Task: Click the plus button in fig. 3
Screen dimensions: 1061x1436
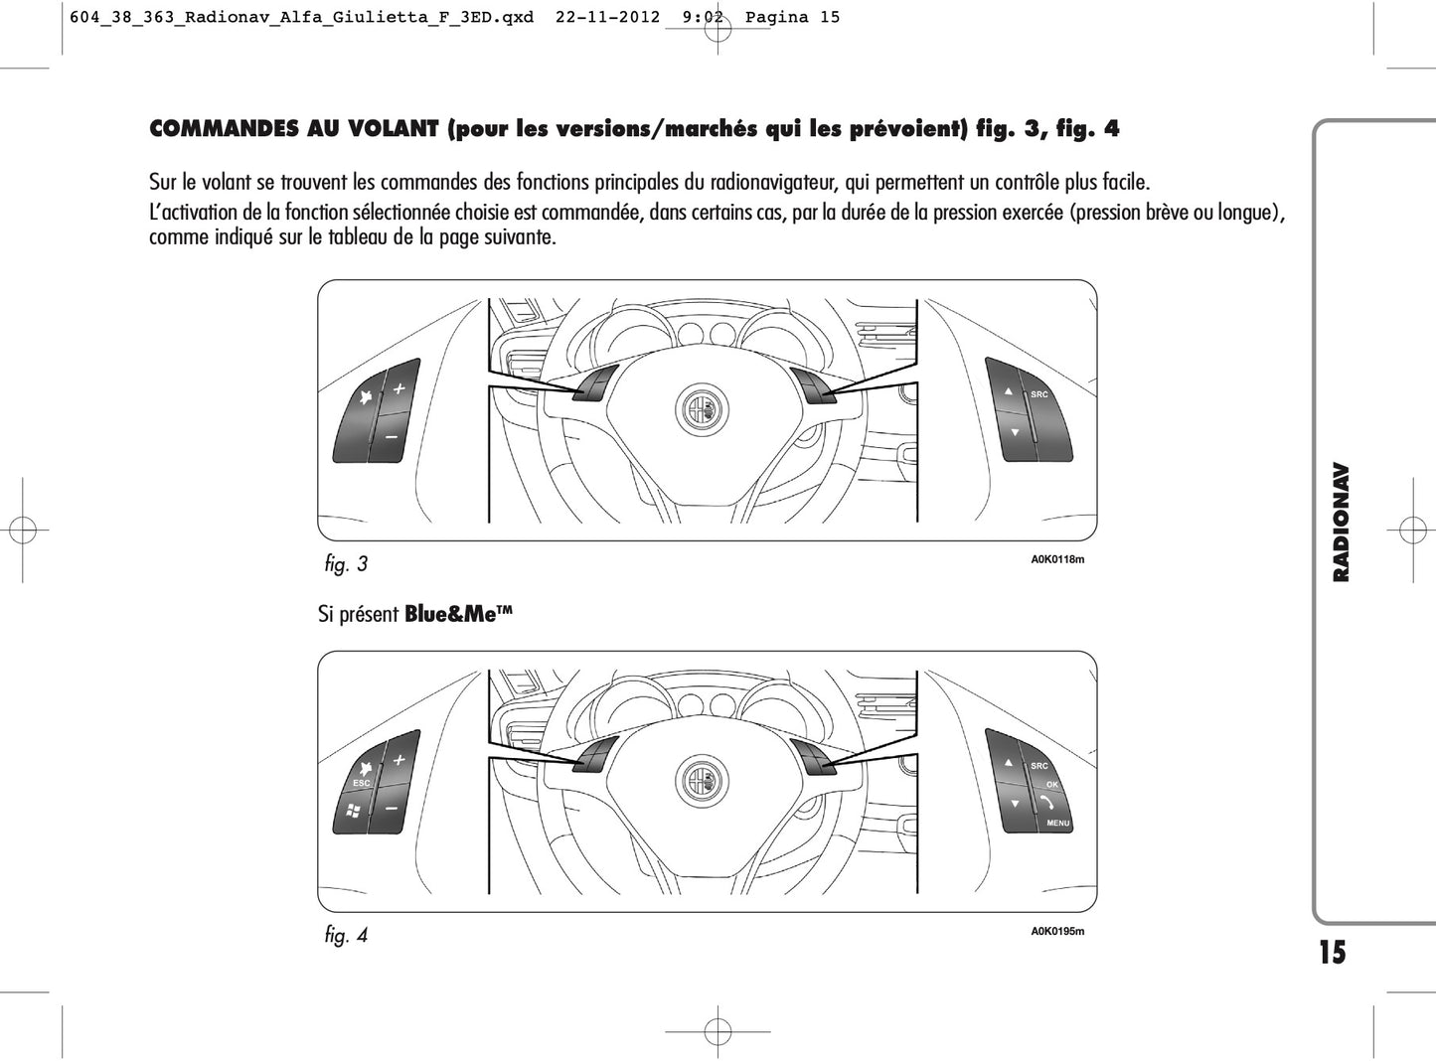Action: tap(399, 388)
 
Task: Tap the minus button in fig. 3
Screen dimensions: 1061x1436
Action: tap(391, 437)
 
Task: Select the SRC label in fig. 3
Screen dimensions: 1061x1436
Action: tap(1038, 394)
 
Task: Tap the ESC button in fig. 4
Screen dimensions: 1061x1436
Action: tap(361, 783)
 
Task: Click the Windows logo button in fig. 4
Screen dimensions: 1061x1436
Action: tap(353, 811)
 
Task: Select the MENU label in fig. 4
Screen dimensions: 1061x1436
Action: tap(1057, 823)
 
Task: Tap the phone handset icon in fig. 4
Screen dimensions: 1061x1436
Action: tap(1046, 803)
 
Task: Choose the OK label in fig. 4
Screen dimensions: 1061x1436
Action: tap(1051, 785)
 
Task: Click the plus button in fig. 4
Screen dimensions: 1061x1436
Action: tap(399, 760)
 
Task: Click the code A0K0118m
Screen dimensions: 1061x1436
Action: tap(1056, 559)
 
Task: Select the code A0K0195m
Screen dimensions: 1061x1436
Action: tap(1056, 931)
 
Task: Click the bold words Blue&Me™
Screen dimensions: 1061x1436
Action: tap(458, 614)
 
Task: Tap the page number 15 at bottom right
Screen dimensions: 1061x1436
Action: tap(1332, 952)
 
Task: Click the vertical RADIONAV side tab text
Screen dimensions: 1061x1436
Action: tap(1341, 522)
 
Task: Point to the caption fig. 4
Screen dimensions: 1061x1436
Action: tap(346, 935)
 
